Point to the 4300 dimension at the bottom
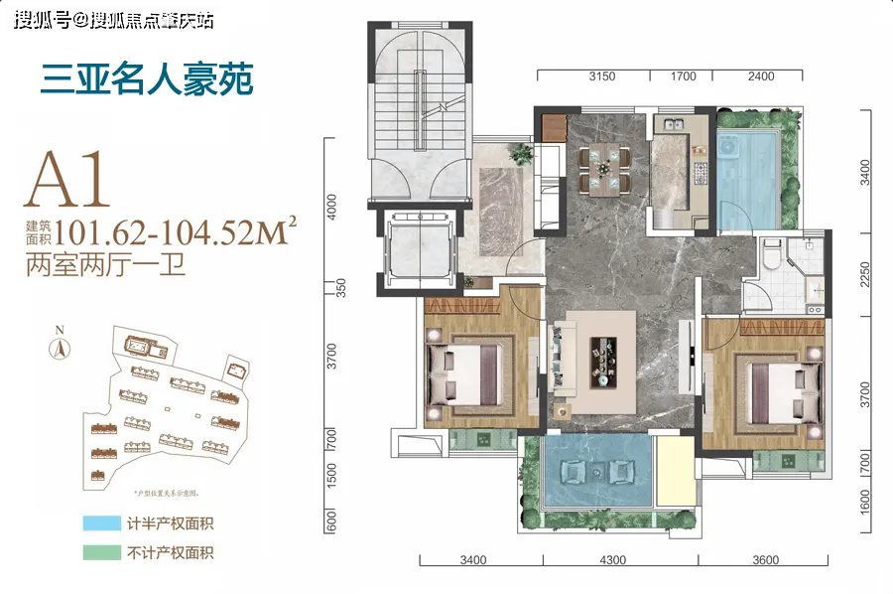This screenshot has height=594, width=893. (x=612, y=561)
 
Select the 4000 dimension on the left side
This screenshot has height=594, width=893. (x=333, y=208)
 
